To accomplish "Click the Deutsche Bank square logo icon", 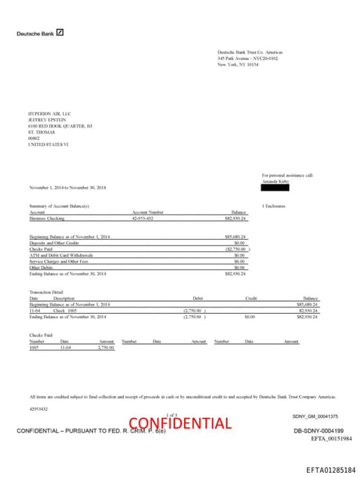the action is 60,32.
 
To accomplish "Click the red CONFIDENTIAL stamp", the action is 180,423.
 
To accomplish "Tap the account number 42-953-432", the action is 143,219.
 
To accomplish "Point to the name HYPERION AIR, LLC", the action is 49,113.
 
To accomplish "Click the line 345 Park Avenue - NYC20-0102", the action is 247,58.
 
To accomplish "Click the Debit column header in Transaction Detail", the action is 198,299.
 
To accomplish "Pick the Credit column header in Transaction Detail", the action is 251,299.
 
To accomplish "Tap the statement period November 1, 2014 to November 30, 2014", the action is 67,188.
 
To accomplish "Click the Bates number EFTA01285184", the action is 331,469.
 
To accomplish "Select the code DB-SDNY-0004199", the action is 319,430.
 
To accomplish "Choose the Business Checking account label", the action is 46,219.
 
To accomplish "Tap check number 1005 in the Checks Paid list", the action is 34,347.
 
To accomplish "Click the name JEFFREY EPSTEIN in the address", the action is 47,119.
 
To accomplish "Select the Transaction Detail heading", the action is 46,292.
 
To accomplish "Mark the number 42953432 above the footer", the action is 39,407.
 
